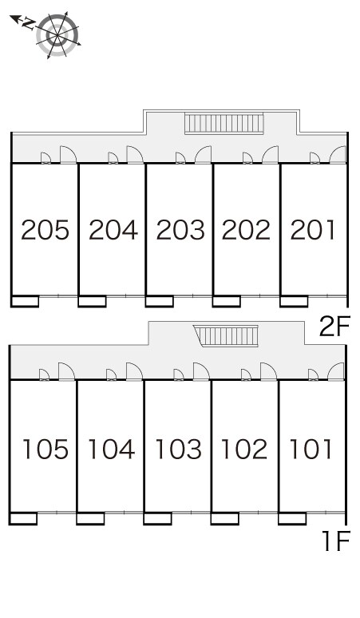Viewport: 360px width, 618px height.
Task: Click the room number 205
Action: tap(45, 230)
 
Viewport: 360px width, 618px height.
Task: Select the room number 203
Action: tap(180, 230)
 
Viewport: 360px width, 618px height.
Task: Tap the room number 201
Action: tap(313, 230)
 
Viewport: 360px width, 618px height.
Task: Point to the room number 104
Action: tap(112, 450)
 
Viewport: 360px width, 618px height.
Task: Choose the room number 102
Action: tap(244, 450)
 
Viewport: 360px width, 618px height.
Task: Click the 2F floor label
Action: tap(334, 327)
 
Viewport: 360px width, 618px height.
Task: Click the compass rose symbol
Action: tap(57, 35)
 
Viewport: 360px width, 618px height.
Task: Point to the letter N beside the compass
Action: tap(28, 24)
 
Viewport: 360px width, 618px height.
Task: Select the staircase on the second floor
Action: tap(224, 124)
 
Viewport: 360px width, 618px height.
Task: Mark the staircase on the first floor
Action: tap(227, 336)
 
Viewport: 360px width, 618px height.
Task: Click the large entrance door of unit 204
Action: tap(135, 155)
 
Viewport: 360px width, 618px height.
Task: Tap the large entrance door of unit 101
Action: tap(336, 371)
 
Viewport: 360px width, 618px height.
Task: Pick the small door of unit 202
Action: tap(247, 158)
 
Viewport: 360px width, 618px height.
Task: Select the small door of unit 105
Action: tap(44, 374)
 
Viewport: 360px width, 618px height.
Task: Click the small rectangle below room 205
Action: tap(25, 301)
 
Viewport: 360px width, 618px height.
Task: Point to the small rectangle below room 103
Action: tap(157, 519)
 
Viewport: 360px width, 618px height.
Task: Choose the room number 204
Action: tap(113, 230)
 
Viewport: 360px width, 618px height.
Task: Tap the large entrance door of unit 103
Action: tap(201, 371)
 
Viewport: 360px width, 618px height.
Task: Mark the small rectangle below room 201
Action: tap(294, 301)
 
